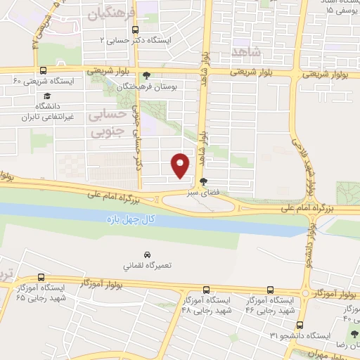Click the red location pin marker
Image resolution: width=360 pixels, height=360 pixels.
[181, 165]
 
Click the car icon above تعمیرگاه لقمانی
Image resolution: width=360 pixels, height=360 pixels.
[147, 254]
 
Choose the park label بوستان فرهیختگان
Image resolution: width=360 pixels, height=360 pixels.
[162, 84]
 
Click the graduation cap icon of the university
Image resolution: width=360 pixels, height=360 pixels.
[46, 96]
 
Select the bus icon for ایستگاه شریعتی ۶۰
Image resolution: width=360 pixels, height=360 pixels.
[44, 71]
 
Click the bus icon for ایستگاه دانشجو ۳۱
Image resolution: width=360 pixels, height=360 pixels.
[300, 326]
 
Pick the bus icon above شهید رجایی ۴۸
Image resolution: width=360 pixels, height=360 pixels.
[206, 290]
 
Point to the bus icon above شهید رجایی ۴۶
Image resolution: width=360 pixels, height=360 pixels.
[271, 290]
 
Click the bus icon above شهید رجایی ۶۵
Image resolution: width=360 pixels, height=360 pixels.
[41, 277]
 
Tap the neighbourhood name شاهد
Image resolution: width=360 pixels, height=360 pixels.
[245, 51]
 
